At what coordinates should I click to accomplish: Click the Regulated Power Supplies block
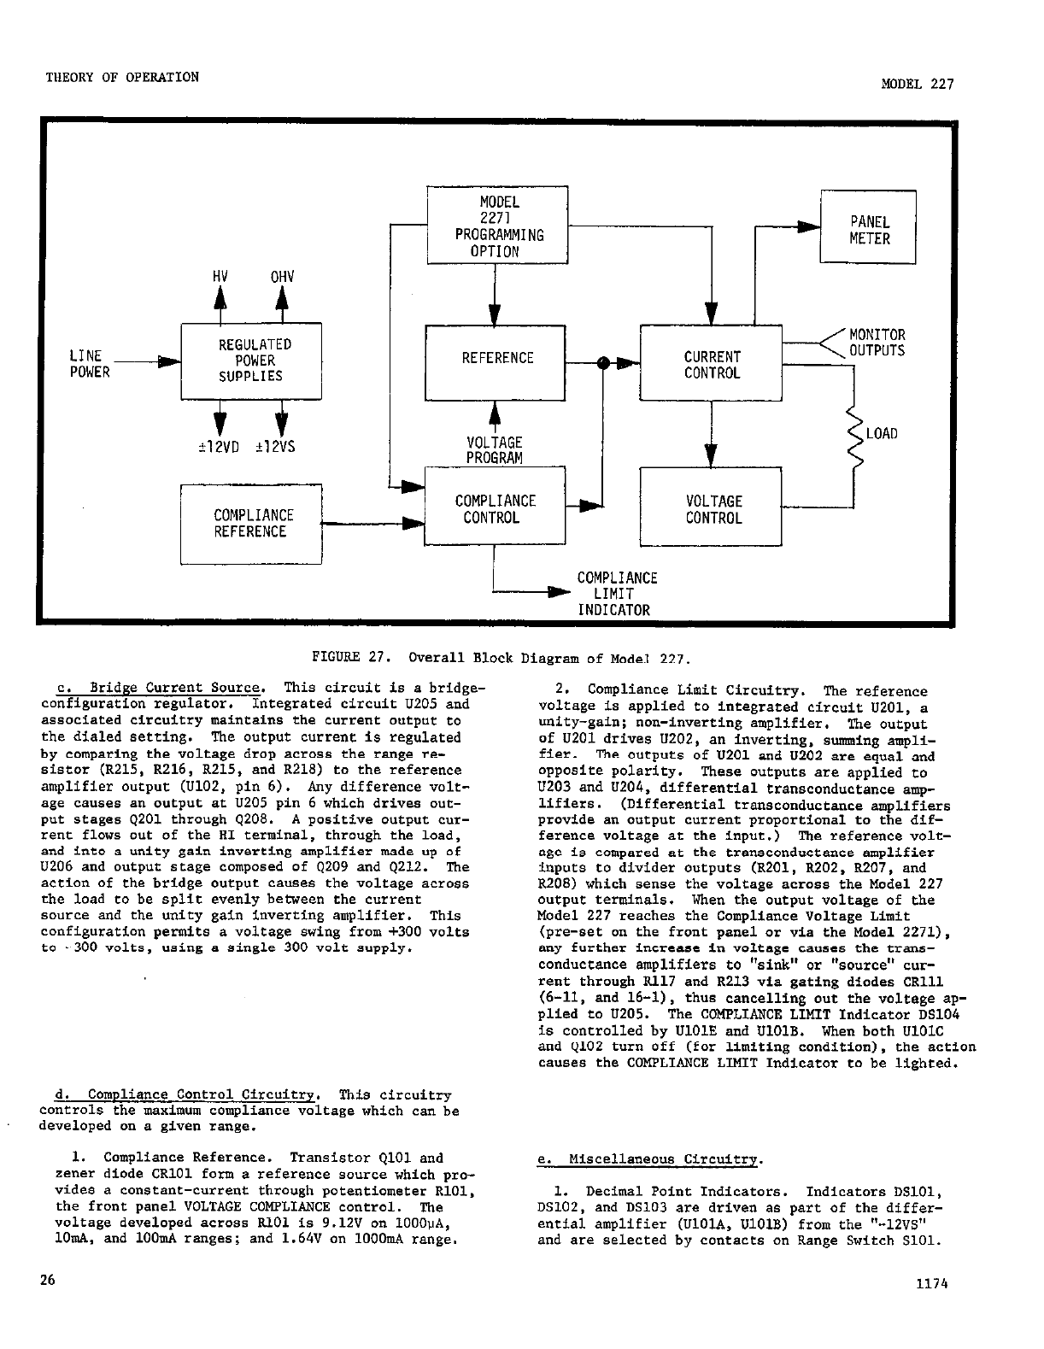pyautogui.click(x=250, y=361)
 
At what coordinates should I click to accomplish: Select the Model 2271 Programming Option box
pyautogui.click(x=497, y=226)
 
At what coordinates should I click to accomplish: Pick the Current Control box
pyautogui.click(x=711, y=364)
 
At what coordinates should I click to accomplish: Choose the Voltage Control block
pyautogui.click(x=711, y=507)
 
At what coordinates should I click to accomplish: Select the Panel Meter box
pyautogui.click(x=868, y=229)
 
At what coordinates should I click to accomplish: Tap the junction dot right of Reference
pyautogui.click(x=603, y=362)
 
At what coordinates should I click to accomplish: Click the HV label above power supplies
pyautogui.click(x=220, y=276)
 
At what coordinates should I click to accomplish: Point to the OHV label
pyautogui.click(x=282, y=276)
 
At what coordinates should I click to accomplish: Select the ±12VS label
pyautogui.click(x=275, y=446)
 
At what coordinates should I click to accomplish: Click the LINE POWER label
pyautogui.click(x=89, y=364)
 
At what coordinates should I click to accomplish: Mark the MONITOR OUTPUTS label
pyautogui.click(x=877, y=343)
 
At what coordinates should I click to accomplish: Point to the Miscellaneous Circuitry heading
pyautogui.click(x=648, y=1159)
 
